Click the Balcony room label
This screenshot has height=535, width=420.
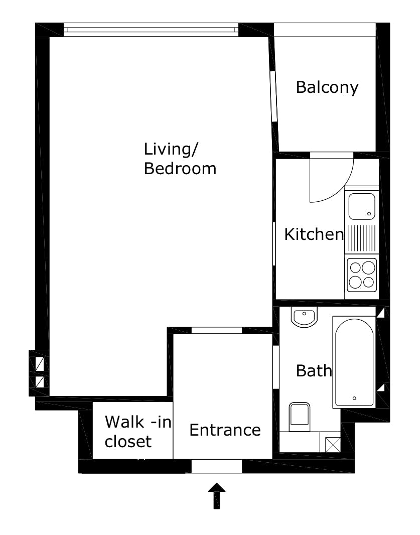point(327,87)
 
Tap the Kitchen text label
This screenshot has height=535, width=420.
point(314,234)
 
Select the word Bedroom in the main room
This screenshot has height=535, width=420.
point(180,169)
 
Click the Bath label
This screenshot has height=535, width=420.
point(314,371)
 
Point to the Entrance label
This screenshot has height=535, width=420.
point(225,430)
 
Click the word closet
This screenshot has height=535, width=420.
point(128,442)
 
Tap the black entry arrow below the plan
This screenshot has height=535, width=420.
point(217,496)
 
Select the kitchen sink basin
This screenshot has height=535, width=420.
point(362,206)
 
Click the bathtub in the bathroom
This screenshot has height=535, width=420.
point(354,361)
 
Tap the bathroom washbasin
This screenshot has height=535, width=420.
point(304,318)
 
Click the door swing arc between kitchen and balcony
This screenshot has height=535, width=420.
point(336,186)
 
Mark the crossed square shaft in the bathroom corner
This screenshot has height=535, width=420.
point(332,444)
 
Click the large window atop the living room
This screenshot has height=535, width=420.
point(151,30)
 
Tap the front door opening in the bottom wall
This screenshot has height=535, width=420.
point(217,466)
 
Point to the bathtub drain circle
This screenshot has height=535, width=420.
point(355,398)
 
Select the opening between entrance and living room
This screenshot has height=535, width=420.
point(217,330)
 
